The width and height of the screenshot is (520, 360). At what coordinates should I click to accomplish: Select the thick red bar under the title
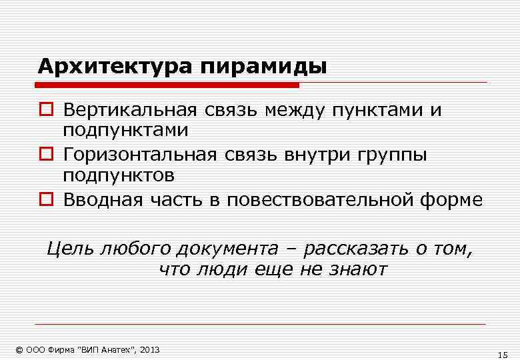click(x=167, y=85)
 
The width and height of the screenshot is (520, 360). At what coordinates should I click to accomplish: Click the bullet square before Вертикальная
click(x=46, y=110)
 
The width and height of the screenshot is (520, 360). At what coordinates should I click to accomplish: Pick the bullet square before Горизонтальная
click(x=46, y=155)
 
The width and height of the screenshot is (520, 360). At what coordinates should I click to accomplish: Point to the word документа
click(x=227, y=250)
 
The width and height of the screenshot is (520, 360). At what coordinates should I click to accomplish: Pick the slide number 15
click(x=503, y=354)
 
